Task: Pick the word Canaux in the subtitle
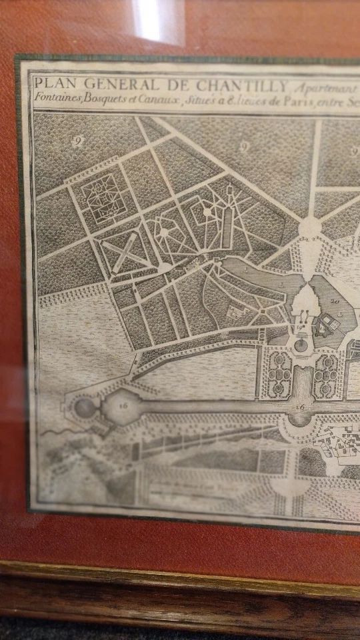[x=153, y=97]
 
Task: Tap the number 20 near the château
[x=335, y=301]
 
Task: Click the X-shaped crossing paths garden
[x=125, y=252]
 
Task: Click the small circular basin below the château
[x=301, y=345]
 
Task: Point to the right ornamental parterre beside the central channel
[x=326, y=375]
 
